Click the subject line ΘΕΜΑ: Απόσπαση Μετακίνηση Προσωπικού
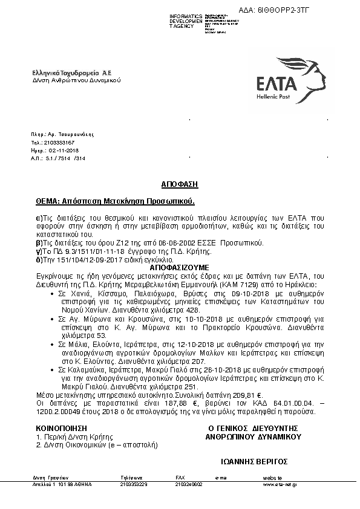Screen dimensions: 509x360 point(117,199)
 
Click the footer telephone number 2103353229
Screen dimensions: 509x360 point(133,484)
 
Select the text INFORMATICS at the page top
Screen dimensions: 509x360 point(186,15)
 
